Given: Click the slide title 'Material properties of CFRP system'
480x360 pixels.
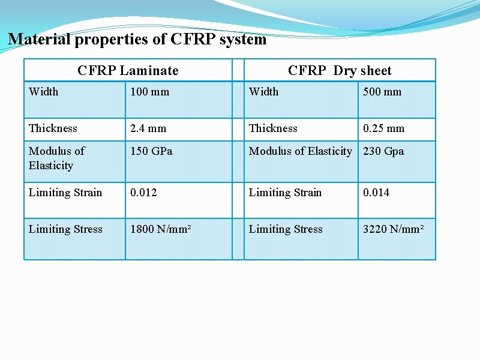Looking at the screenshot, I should coord(137,40).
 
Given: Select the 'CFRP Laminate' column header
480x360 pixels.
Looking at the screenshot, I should coord(128,71).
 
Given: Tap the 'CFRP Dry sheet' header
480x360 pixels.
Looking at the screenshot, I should coord(340,71).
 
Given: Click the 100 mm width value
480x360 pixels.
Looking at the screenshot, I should coord(150,92).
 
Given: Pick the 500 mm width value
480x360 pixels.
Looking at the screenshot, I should coord(382,92).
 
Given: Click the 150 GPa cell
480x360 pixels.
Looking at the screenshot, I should coord(151,151).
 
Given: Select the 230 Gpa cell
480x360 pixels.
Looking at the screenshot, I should coord(383,151).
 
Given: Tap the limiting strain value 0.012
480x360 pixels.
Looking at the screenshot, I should coord(144,193).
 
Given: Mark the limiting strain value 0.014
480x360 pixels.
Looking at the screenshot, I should coord(376,193).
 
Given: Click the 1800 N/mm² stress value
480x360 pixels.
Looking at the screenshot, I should coord(161,229).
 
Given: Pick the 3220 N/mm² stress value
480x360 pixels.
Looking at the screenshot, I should coord(394,229).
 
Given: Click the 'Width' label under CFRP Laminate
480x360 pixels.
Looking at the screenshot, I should coord(44,92).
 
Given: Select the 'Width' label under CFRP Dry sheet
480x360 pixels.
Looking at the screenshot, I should coord(264,92).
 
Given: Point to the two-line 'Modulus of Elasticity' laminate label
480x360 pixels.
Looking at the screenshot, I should coord(56,158).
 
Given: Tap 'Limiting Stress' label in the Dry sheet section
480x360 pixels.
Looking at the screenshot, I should coord(286,229).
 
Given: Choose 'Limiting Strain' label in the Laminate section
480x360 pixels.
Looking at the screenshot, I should coord(65,193).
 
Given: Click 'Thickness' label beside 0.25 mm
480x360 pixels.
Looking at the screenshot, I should coord(273,128).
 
